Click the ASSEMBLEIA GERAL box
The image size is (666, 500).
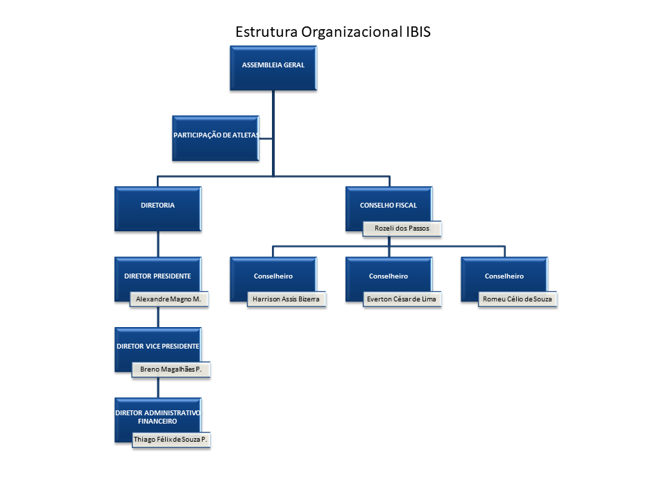[x=273, y=68]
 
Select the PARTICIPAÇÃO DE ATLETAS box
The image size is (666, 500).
[x=216, y=138]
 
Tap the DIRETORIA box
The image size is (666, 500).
[x=158, y=209]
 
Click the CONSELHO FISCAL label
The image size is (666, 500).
[x=388, y=206]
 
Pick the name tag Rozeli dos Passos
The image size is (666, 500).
[x=402, y=228]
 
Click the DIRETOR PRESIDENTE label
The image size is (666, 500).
[x=157, y=276]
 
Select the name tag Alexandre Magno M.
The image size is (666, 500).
[x=169, y=299]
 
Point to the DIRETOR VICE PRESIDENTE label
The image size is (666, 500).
[x=158, y=347]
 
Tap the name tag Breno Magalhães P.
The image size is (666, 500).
[x=171, y=369]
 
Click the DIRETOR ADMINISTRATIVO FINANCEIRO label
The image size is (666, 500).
[x=157, y=417]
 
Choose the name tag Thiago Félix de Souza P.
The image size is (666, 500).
[x=171, y=440]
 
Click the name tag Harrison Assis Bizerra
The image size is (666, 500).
[x=287, y=299]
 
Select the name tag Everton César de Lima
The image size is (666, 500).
[x=402, y=299]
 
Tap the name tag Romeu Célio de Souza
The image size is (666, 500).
[x=518, y=299]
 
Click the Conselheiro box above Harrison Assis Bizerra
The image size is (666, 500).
[x=273, y=279]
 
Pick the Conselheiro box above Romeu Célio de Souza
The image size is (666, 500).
[x=504, y=279]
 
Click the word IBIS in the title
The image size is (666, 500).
[x=418, y=32]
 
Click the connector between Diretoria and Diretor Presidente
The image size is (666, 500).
[x=158, y=244]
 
